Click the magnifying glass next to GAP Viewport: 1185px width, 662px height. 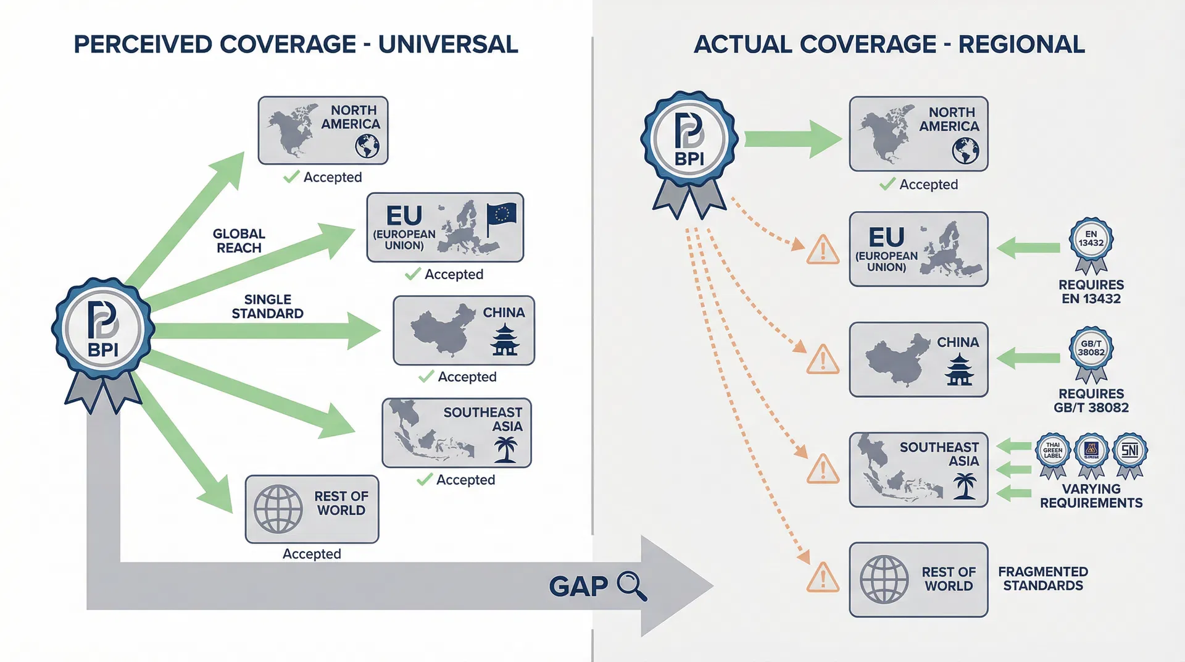(631, 586)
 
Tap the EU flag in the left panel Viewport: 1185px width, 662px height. (501, 217)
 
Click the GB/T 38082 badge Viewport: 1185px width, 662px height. (1091, 350)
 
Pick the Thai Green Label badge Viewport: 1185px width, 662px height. (1052, 453)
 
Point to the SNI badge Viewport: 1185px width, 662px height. (1129, 451)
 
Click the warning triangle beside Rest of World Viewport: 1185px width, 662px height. (823, 578)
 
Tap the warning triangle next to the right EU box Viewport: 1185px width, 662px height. (823, 250)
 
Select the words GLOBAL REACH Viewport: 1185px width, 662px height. (239, 241)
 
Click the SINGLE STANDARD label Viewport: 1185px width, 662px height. (267, 306)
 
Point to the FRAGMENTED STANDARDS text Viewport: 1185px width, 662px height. (1042, 579)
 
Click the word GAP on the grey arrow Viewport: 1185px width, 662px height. (578, 586)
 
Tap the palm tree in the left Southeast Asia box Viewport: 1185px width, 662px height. (505, 449)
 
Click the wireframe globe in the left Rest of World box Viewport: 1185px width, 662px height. (278, 509)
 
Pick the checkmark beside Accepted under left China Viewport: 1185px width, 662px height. (426, 376)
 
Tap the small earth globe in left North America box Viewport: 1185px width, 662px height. (367, 146)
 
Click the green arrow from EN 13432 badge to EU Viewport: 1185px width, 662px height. (1028, 248)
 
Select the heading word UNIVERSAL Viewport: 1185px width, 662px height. (448, 44)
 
